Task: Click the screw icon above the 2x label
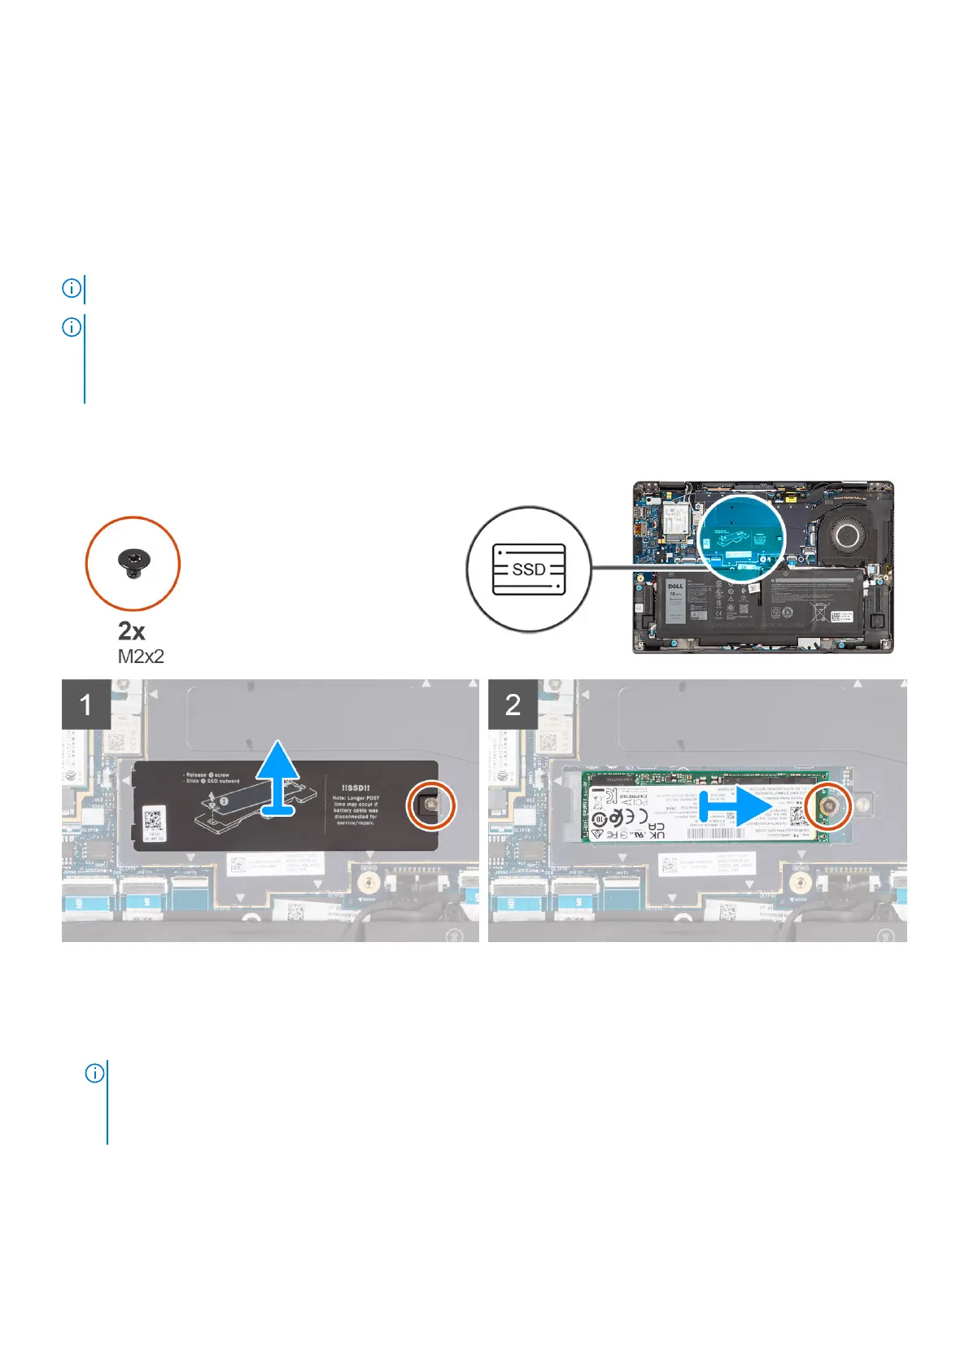132,562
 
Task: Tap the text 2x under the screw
132,630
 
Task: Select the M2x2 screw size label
141,657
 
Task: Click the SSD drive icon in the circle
528,569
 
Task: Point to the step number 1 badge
86,704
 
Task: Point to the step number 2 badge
513,704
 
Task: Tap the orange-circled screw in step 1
431,805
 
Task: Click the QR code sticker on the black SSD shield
154,822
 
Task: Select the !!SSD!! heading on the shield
356,788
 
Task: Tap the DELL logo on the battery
675,586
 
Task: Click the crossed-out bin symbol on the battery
827,609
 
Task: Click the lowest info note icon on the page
95,1074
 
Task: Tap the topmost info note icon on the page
72,288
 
